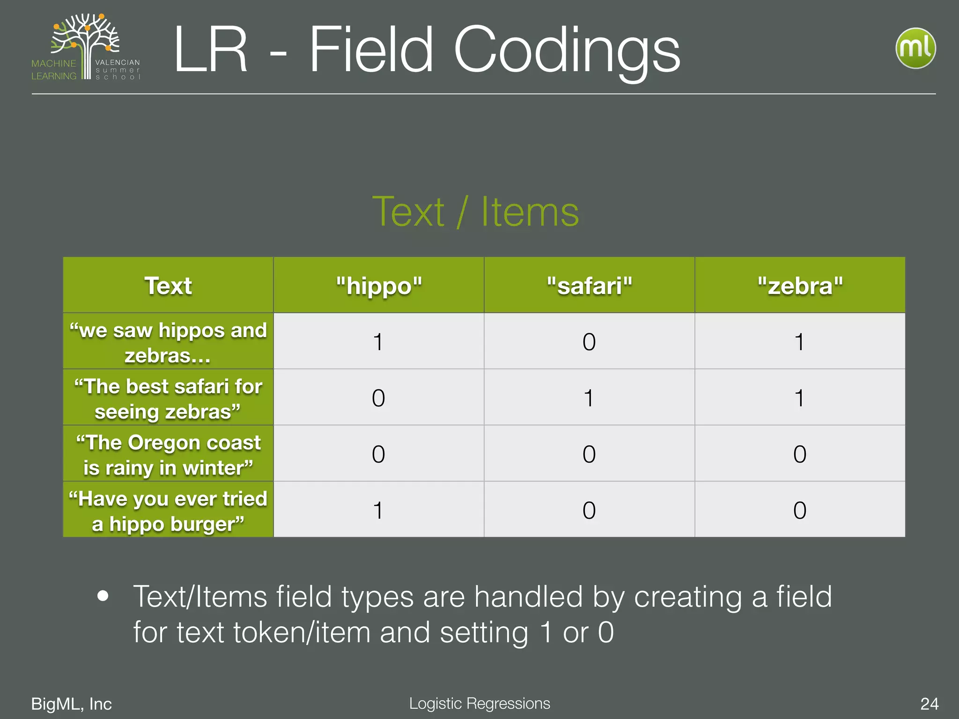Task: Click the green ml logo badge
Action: pos(915,48)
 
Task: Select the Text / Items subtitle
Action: pos(475,212)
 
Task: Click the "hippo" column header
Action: pos(379,286)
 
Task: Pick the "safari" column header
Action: pos(589,286)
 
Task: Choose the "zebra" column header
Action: pos(800,286)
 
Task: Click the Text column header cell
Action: pos(168,286)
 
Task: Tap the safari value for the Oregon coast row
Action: pos(589,454)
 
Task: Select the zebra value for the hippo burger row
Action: pos(800,510)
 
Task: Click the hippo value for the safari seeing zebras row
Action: pos(378,398)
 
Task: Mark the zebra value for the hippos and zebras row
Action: pos(799,342)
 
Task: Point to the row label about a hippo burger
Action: pos(168,511)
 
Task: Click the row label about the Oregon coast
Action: pos(168,455)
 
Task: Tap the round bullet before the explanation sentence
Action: pos(103,596)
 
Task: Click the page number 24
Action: pos(929,704)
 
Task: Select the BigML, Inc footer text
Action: pos(71,704)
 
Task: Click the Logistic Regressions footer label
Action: pos(479,703)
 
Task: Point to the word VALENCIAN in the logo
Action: pos(118,62)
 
